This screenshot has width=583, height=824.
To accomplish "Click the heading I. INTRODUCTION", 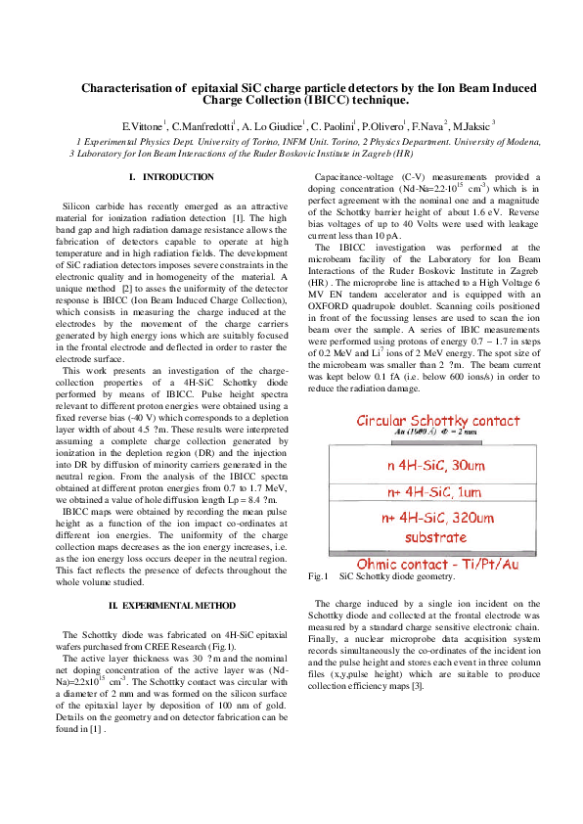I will tap(171, 177).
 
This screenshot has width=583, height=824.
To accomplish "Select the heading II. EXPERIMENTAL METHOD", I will tap(171, 607).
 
